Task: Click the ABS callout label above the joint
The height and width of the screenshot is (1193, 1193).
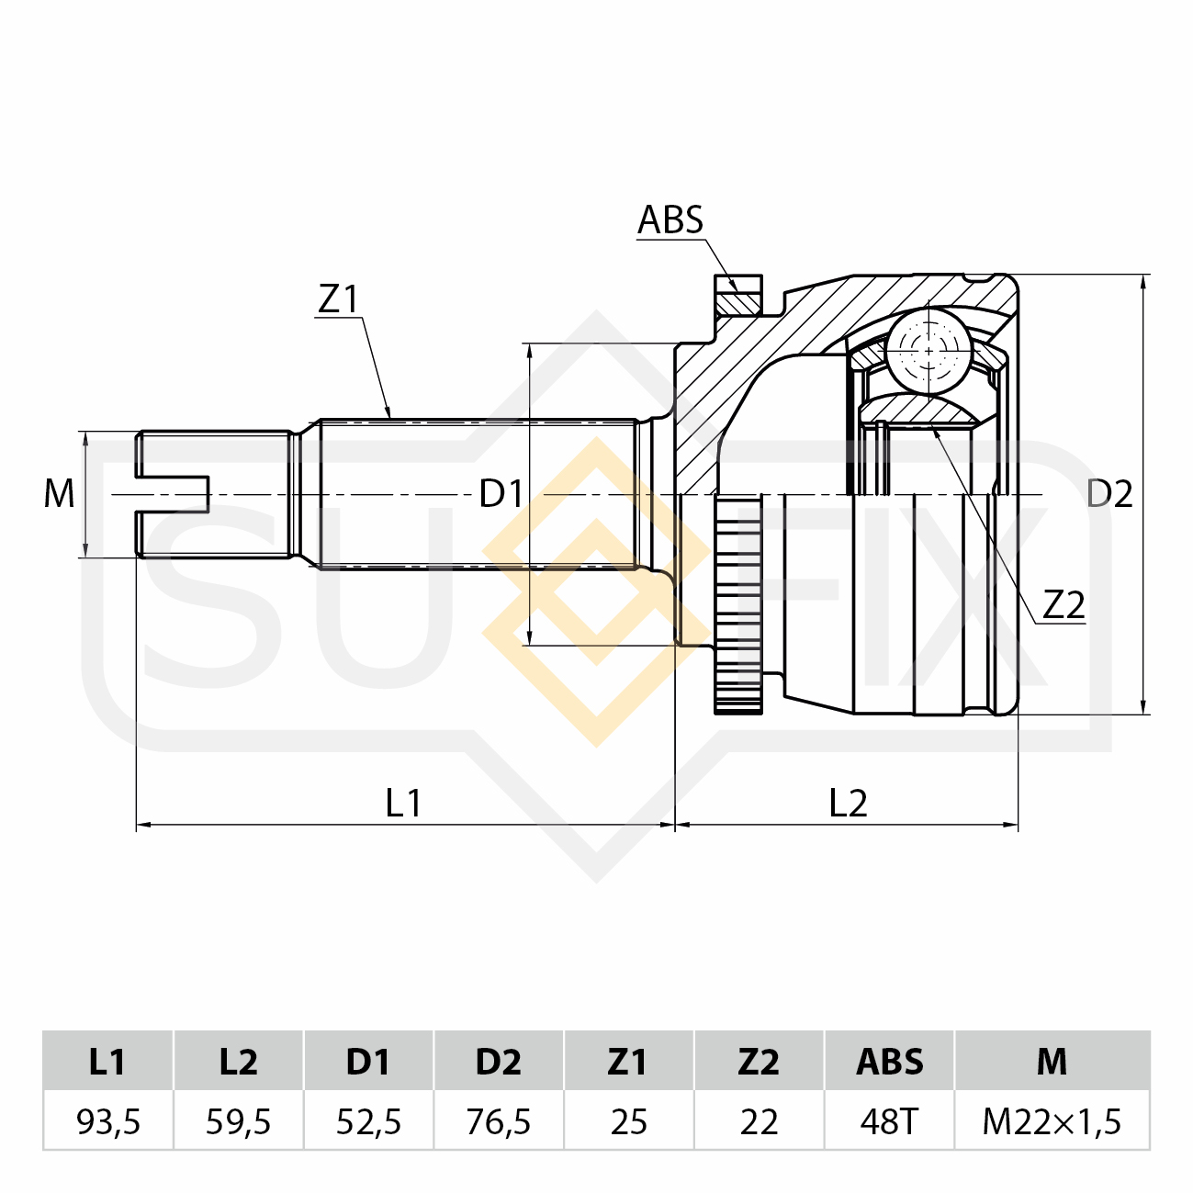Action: click(670, 220)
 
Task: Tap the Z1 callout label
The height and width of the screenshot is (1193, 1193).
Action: click(338, 299)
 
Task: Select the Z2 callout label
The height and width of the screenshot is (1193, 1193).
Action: click(1064, 604)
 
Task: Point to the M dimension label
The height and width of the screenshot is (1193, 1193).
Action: click(59, 494)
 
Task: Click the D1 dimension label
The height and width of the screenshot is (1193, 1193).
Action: click(501, 494)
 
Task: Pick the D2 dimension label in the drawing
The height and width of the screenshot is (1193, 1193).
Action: click(1109, 494)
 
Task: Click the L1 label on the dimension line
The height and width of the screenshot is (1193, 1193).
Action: click(403, 804)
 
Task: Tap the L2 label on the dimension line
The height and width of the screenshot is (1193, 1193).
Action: click(848, 804)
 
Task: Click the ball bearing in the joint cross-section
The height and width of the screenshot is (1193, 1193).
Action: click(929, 350)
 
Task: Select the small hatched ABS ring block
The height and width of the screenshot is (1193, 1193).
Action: click(739, 301)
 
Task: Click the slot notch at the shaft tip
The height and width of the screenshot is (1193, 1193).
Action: click(174, 494)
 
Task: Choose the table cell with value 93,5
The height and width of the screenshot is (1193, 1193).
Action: click(108, 1121)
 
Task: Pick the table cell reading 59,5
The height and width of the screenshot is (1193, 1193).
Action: click(238, 1121)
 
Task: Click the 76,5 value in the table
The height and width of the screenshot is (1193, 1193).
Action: click(499, 1121)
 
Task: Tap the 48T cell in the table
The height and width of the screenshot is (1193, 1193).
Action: click(889, 1121)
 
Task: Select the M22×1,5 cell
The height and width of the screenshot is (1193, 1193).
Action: click(1052, 1121)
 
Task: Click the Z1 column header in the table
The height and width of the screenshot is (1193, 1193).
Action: click(628, 1062)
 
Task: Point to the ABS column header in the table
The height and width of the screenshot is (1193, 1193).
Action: click(889, 1062)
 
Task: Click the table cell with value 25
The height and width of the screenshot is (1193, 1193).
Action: click(628, 1121)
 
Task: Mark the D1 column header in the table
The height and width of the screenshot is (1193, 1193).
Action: click(368, 1062)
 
